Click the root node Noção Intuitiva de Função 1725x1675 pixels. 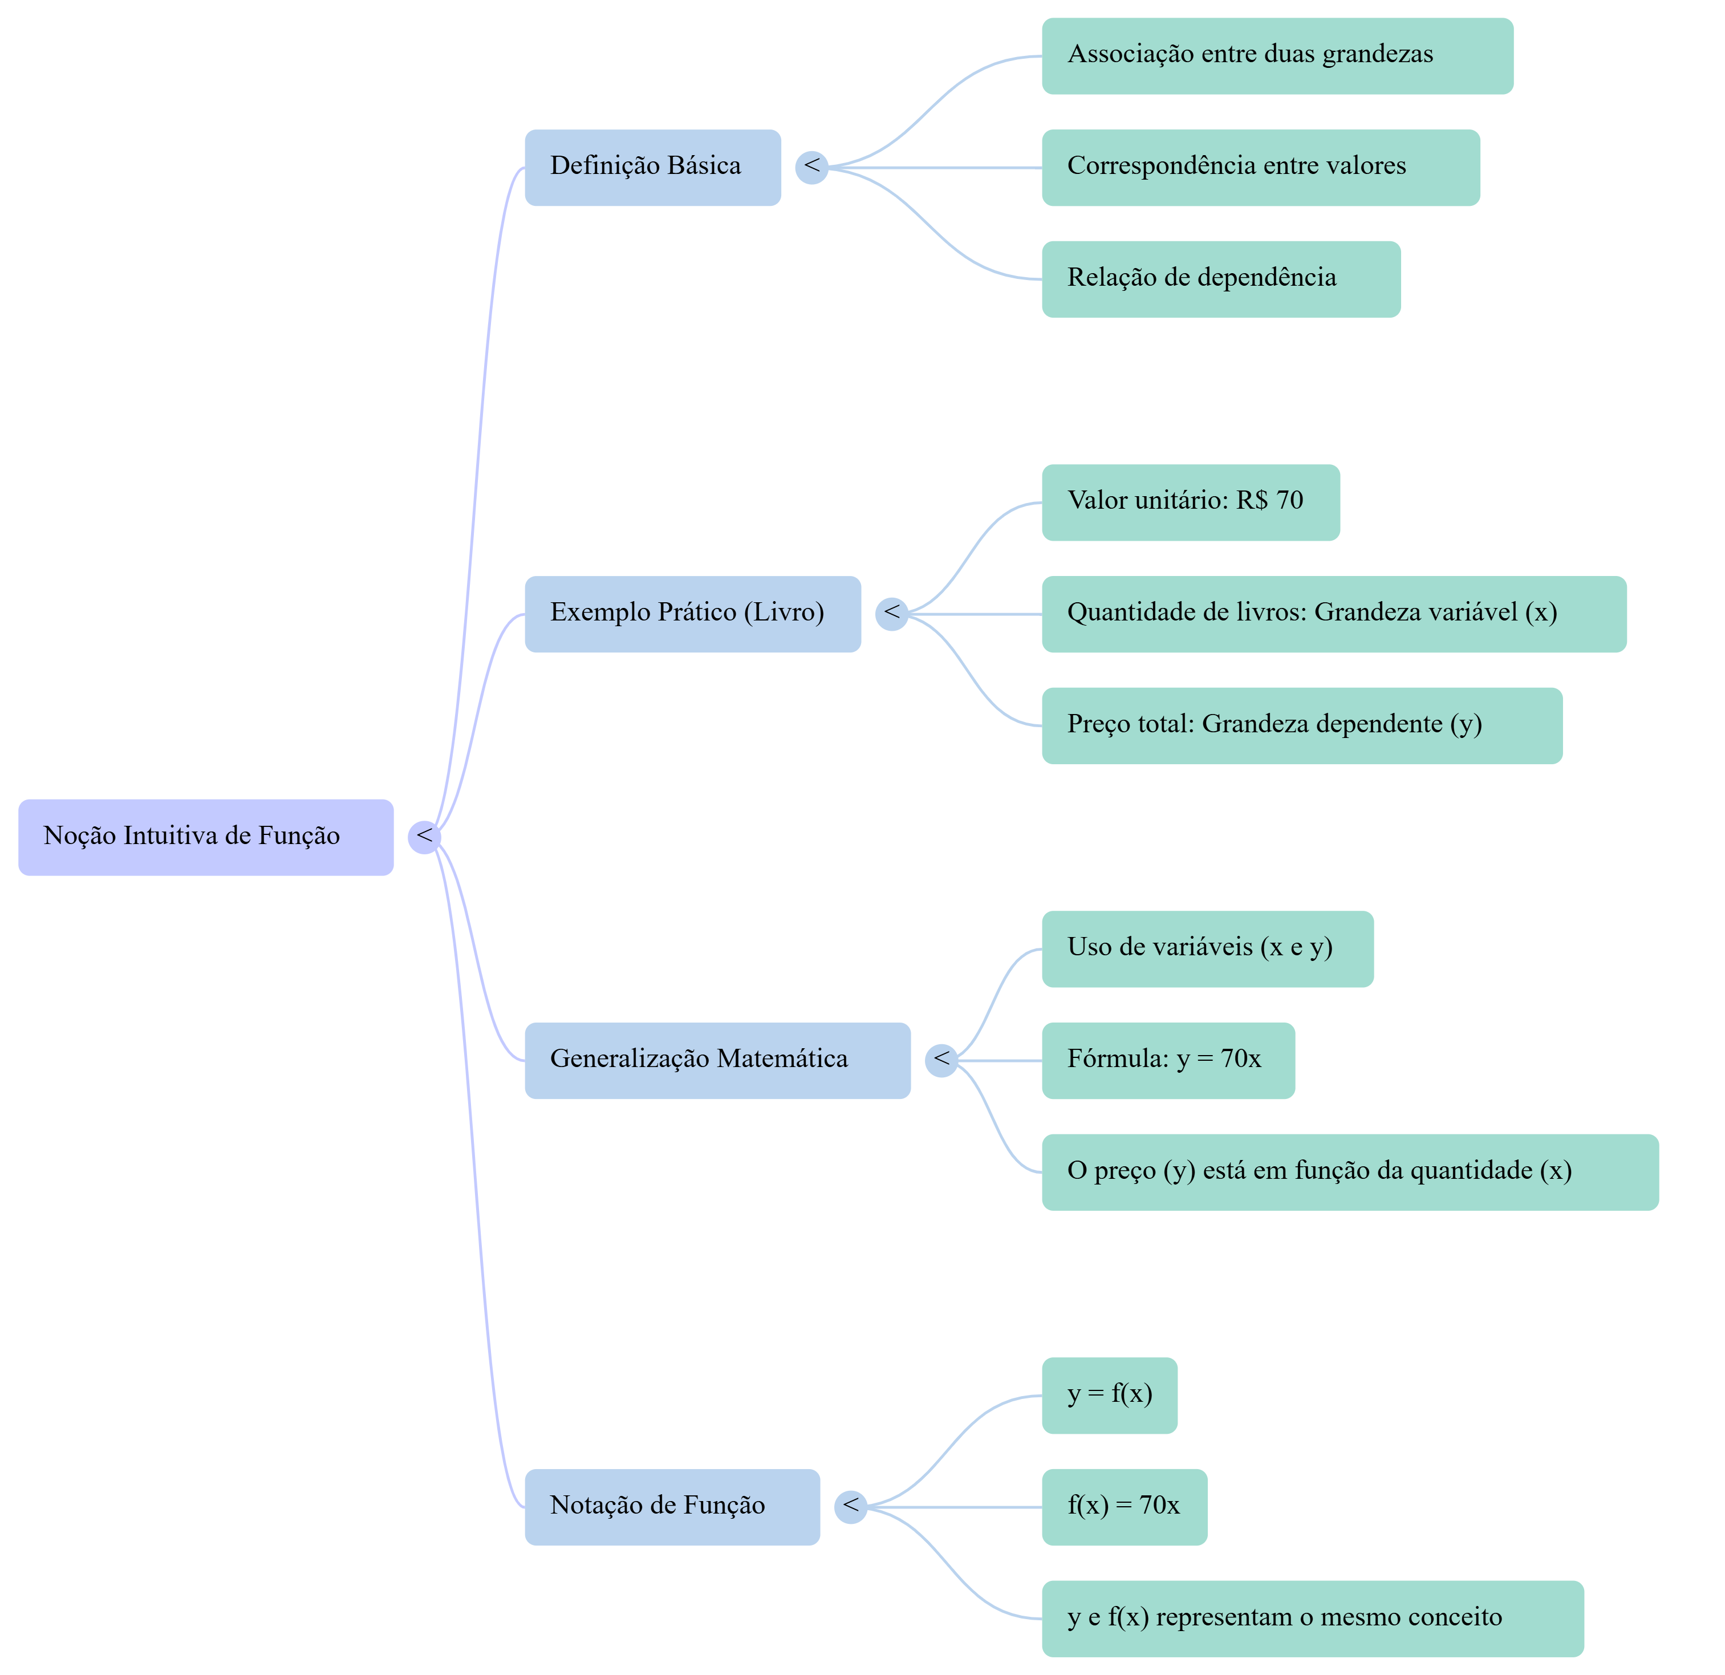coord(205,837)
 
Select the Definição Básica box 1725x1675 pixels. coord(652,167)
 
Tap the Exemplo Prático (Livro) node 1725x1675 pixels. coord(692,614)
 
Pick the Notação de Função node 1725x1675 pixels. coord(672,1507)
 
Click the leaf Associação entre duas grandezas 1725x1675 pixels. coord(1276,55)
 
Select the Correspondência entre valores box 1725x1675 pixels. coord(1260,167)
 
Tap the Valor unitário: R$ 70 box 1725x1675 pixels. coord(1190,502)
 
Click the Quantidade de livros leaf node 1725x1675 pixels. coord(1333,614)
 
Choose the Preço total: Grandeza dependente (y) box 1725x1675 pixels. coord(1301,726)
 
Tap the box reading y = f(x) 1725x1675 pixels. coord(1109,1395)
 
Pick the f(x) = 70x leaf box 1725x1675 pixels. coord(1124,1507)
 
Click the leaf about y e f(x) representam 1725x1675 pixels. coord(1312,1619)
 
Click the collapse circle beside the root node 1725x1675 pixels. coord(423,837)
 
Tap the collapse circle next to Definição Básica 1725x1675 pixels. coord(810,167)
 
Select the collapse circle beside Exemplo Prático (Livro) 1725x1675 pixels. coord(891,614)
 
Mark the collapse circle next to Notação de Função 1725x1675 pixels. coord(849,1507)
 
